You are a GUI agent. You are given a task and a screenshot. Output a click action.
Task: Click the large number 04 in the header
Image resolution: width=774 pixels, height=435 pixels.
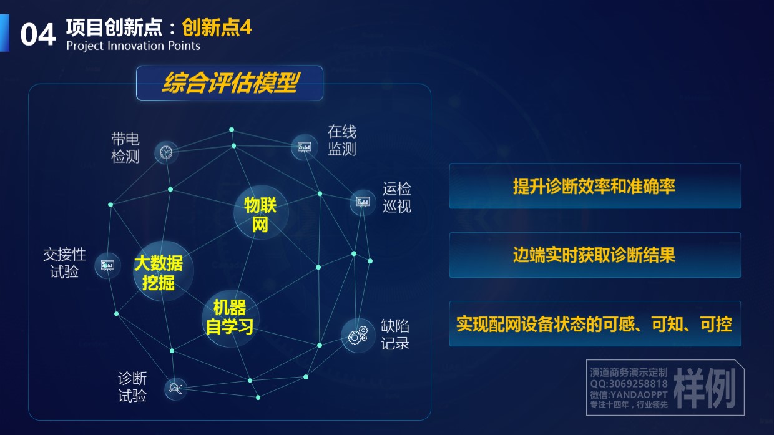point(38,34)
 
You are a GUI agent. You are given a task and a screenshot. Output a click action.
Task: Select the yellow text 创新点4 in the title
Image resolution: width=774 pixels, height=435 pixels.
point(217,27)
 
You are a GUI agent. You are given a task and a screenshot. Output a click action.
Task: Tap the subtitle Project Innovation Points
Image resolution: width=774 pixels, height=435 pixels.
point(133,46)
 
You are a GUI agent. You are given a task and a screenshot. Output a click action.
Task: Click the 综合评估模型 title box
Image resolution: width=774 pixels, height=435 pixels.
point(230,83)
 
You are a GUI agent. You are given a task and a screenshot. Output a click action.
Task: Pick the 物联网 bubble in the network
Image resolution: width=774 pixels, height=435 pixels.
point(260,212)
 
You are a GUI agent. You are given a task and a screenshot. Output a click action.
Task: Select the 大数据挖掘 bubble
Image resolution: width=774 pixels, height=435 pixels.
point(163,271)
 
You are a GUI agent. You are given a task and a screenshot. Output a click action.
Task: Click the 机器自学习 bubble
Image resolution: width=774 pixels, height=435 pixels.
point(230,318)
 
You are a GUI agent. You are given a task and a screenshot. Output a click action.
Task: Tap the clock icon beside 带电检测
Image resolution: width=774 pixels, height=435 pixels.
point(166,152)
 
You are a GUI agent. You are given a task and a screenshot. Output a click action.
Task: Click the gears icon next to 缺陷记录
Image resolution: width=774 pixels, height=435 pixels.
point(358,336)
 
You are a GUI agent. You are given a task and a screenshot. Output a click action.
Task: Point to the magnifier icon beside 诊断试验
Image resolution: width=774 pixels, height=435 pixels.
point(175,389)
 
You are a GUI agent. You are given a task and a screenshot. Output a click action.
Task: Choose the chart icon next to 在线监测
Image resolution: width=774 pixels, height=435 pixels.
point(305,147)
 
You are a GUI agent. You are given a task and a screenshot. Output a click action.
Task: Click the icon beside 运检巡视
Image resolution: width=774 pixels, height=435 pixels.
point(363,202)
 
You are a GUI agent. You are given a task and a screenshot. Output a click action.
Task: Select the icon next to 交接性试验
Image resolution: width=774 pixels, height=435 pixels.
point(107,265)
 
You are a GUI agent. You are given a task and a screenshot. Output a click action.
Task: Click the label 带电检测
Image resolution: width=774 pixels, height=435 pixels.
point(125,148)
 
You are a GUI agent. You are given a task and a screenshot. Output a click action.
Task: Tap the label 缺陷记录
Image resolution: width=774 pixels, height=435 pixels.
point(395,335)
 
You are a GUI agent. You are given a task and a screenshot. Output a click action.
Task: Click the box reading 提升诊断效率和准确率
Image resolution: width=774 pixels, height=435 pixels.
point(595,186)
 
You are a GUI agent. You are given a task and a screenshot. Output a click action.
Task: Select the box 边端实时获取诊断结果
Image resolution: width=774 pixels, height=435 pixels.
point(595,255)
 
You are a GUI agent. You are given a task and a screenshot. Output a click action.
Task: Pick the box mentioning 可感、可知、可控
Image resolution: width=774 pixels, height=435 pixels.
point(595,324)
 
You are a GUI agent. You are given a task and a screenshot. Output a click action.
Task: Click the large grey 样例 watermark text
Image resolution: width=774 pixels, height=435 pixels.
point(704,388)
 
